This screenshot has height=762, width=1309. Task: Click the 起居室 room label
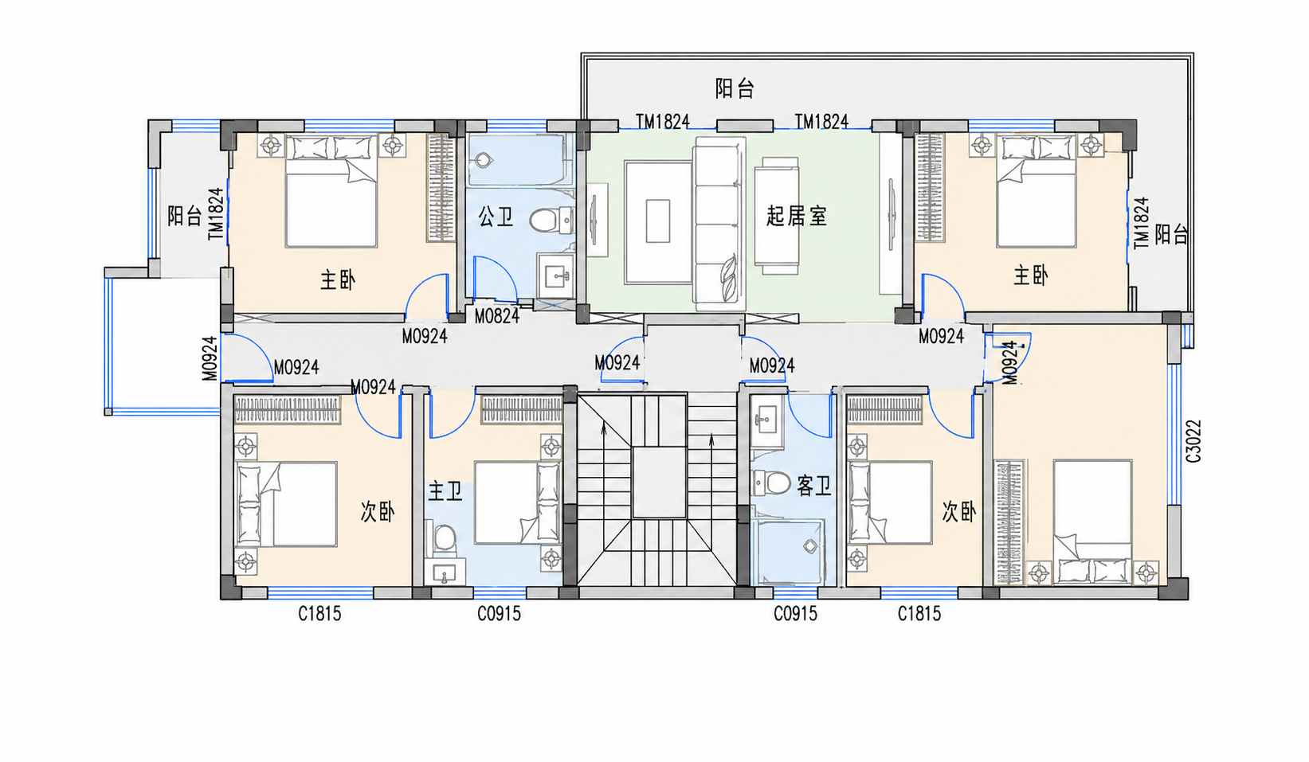797,216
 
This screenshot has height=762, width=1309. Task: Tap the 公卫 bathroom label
496,217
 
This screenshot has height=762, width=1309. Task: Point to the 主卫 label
445,491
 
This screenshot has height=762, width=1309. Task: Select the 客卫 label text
814,485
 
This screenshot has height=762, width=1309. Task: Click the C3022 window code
1193,441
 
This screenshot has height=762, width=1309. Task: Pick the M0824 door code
496,316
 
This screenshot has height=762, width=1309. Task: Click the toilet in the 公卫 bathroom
551,220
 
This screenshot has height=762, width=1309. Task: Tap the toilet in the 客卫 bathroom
771,483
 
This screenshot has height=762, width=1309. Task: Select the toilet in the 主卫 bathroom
445,537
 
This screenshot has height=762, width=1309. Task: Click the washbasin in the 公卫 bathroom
555,276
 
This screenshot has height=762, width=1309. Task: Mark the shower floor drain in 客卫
810,547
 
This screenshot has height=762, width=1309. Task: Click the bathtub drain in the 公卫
484,159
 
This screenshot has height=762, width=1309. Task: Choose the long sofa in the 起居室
719,224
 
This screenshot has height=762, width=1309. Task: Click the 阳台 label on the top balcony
735,88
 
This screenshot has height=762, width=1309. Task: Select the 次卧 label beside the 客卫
959,512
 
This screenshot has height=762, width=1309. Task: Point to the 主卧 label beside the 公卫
338,280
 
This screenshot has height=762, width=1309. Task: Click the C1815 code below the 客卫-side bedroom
919,614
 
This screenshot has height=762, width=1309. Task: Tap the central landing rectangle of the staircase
659,483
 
